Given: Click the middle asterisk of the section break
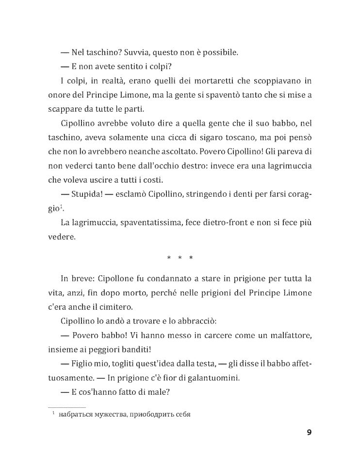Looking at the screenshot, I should (x=180, y=257).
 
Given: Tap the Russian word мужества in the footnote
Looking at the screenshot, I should (x=111, y=415).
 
